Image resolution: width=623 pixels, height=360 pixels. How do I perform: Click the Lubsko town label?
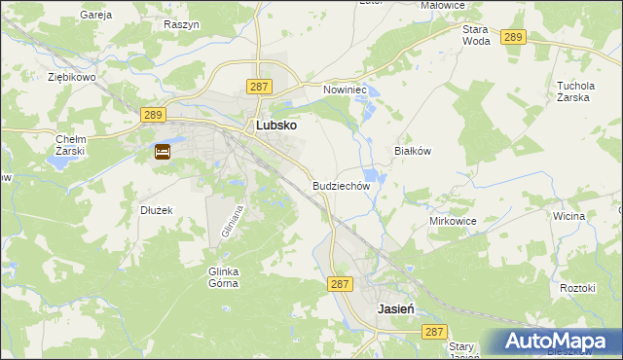click(275, 126)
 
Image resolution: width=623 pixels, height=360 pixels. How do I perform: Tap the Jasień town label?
click(396, 306)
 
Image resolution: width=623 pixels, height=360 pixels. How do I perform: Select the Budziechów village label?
click(342, 185)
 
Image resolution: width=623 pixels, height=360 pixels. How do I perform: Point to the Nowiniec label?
click(344, 89)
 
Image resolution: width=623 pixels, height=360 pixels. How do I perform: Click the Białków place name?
click(412, 151)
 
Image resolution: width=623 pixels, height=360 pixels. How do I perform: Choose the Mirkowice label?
click(453, 221)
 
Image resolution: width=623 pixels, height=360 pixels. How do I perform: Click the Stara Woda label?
click(476, 35)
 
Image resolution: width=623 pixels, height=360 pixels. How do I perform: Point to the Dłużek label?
click(156, 209)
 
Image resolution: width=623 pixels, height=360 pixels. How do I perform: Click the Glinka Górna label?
click(223, 277)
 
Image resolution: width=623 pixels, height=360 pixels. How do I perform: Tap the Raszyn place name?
click(182, 22)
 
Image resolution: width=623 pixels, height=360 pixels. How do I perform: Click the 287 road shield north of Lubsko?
click(258, 87)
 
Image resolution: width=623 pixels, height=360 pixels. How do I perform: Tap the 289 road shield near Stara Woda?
click(515, 37)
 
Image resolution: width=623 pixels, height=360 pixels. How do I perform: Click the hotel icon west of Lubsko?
click(163, 152)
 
